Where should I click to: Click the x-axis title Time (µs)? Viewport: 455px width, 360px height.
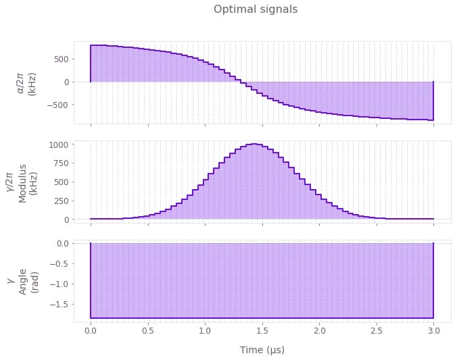(262, 350)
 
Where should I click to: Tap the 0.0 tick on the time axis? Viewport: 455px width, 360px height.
(91, 332)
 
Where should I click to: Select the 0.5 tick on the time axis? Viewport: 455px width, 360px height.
(148, 332)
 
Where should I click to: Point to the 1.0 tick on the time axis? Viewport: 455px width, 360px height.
(205, 332)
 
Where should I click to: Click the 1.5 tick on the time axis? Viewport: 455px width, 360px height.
(262, 332)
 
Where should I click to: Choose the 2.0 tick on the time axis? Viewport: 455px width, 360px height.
(319, 332)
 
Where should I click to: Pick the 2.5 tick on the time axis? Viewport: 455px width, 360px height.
(377, 332)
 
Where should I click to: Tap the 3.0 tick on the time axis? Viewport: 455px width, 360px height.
(433, 332)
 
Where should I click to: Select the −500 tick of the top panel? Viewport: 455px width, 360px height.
(57, 105)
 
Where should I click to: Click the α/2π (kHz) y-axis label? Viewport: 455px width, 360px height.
(27, 82)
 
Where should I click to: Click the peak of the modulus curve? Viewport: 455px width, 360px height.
(254, 144)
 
